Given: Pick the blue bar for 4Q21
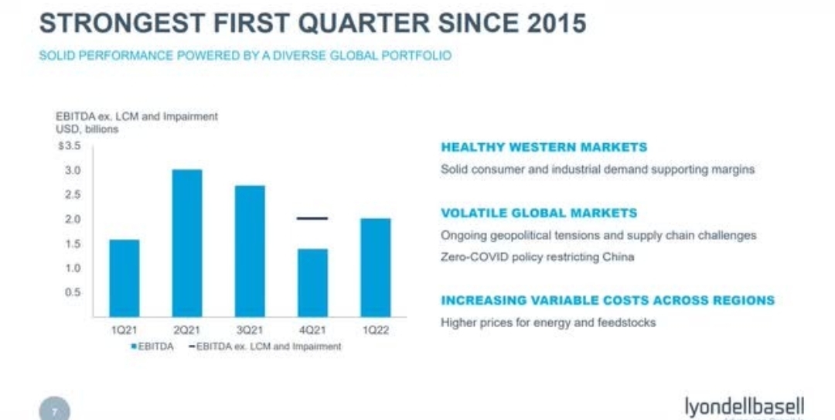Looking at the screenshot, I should point(312,282).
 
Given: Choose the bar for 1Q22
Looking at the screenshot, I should point(374,266).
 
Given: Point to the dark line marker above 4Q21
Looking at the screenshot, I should point(312,218).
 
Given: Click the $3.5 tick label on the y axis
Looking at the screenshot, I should point(69,145).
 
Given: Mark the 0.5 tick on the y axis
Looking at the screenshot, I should point(73,292).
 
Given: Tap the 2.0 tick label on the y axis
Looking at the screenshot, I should point(73,219).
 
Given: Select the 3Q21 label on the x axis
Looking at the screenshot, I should point(249,330).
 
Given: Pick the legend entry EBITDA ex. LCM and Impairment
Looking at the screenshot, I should point(263,347).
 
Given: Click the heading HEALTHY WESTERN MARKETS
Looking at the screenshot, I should point(544,147).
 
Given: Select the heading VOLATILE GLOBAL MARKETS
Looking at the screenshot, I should point(539,213).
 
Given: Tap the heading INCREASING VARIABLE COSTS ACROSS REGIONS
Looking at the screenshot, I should point(607,300).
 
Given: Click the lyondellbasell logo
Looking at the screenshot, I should point(744,406).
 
